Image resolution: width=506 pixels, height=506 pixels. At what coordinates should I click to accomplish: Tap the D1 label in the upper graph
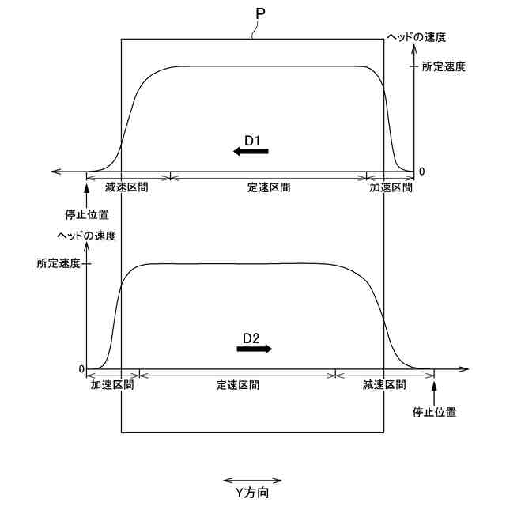tap(253, 140)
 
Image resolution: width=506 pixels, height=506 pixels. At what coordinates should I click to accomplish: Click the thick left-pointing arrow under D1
tap(251, 152)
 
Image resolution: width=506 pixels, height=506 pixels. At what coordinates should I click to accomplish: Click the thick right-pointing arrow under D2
tap(255, 349)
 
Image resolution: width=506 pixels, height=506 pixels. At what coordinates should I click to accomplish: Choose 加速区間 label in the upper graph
tap(391, 188)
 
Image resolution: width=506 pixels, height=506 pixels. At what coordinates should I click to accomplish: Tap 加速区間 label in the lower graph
tap(112, 385)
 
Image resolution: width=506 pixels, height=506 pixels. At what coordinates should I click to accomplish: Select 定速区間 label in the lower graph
tap(238, 385)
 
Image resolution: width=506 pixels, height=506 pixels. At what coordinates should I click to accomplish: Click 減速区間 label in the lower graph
tap(385, 385)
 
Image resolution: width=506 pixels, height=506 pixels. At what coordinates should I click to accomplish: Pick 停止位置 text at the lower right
tap(435, 412)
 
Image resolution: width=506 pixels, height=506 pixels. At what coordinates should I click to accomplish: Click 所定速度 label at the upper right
tap(444, 67)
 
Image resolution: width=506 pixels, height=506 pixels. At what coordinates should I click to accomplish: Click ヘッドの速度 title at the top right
tap(417, 37)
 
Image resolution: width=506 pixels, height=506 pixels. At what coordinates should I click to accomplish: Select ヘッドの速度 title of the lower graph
tap(87, 236)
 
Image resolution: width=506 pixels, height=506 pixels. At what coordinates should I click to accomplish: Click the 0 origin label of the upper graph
tap(421, 171)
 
